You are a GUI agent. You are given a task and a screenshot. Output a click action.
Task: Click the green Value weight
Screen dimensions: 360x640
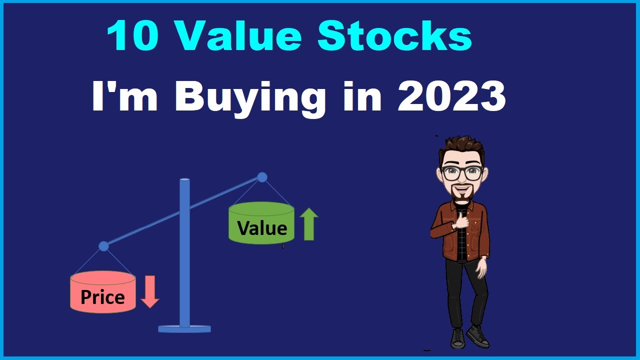(261, 223)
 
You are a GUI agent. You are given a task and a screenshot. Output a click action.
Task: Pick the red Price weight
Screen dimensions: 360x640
(102, 292)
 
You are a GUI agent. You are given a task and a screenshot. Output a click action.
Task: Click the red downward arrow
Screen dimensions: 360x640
(149, 292)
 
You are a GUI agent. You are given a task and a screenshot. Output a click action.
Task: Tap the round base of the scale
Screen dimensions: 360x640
(184, 328)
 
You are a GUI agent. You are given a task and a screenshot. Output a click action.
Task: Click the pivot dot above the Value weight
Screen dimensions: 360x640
(262, 177)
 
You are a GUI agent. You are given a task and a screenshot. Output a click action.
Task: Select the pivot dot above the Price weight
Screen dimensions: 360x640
(103, 246)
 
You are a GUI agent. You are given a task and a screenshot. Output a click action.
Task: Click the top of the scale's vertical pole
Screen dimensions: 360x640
(184, 180)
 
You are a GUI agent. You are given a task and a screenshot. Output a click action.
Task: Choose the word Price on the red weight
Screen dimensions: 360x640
(102, 297)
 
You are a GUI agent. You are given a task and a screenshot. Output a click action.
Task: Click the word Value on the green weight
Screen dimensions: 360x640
(262, 228)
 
